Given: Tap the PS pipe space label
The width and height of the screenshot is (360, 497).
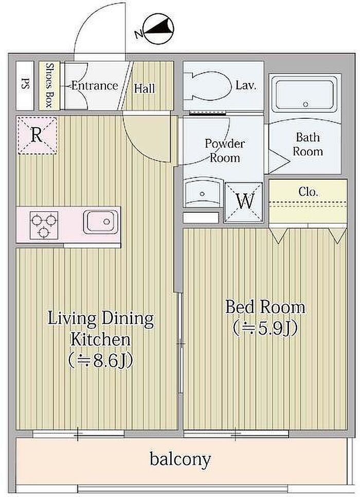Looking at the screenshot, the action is tap(24, 85).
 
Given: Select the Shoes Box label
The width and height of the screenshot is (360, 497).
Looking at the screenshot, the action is tap(49, 85).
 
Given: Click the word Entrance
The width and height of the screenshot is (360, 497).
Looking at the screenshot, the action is tap(95, 86).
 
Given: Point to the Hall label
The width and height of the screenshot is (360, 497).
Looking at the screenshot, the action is tap(145, 88).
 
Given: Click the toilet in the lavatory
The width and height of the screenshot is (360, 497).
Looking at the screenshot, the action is tap(208, 86).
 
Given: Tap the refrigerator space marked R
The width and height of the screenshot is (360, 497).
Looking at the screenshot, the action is tap(37, 135).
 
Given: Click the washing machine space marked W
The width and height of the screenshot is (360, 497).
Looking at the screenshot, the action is tap(244, 201).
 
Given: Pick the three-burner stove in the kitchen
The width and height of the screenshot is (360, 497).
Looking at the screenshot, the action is tap(44, 225).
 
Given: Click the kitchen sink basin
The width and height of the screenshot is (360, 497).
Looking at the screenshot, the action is tap(100, 222).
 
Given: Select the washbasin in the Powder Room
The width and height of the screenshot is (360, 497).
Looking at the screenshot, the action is tap(203, 192).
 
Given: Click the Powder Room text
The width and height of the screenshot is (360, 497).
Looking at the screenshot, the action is tap(225, 151).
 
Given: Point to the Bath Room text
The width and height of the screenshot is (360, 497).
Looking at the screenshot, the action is tap(308, 144).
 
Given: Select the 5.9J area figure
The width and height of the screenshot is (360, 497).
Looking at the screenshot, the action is tap(265, 329).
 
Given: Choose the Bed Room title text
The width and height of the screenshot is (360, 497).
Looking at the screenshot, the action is tap(265, 307).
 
